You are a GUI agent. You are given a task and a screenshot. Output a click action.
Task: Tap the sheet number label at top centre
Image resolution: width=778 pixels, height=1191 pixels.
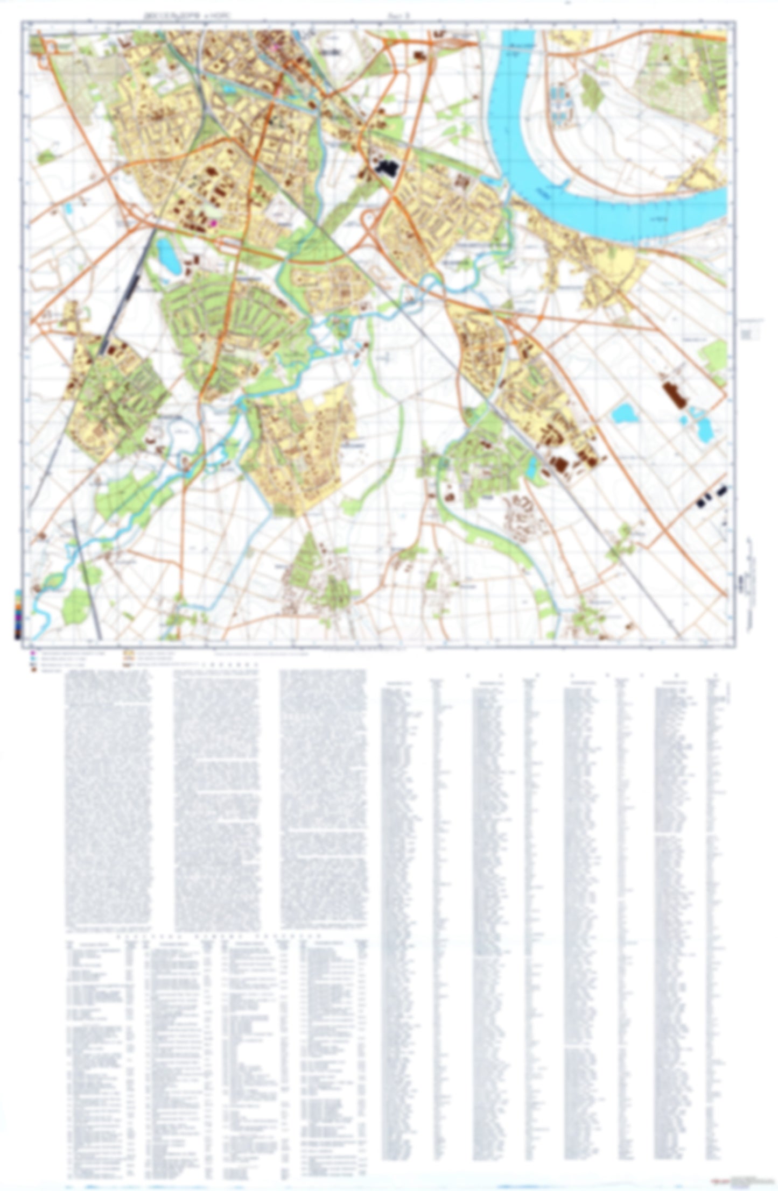(402, 17)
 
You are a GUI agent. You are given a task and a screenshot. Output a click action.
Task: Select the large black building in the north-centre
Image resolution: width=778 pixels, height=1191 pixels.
(386, 167)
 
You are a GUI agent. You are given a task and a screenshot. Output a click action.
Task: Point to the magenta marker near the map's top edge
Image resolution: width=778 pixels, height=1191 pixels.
(275, 48)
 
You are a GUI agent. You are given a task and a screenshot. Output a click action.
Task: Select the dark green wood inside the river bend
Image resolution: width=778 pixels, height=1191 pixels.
(593, 92)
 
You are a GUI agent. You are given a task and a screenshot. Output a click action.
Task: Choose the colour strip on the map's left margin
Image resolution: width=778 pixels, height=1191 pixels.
(18, 613)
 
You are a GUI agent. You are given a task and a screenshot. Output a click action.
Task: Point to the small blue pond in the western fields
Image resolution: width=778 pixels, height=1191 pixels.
(68, 209)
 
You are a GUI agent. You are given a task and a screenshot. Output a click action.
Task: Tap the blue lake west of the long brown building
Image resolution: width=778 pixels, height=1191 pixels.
(624, 414)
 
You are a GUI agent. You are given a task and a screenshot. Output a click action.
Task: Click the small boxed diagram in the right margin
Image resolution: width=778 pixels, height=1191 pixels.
(749, 332)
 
